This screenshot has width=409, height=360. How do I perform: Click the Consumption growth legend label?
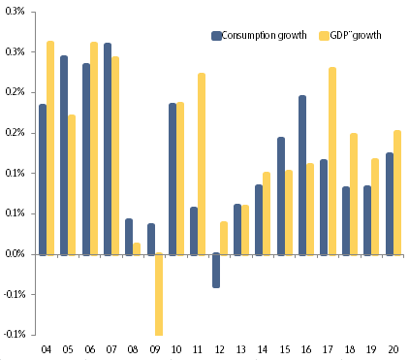(264, 36)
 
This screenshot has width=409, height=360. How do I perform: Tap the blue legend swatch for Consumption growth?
(216, 36)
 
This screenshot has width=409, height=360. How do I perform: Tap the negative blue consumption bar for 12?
(216, 271)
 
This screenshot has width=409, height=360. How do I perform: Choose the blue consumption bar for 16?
(302, 175)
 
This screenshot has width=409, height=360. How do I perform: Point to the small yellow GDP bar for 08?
(137, 248)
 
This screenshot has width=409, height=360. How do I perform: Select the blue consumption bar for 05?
(64, 154)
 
